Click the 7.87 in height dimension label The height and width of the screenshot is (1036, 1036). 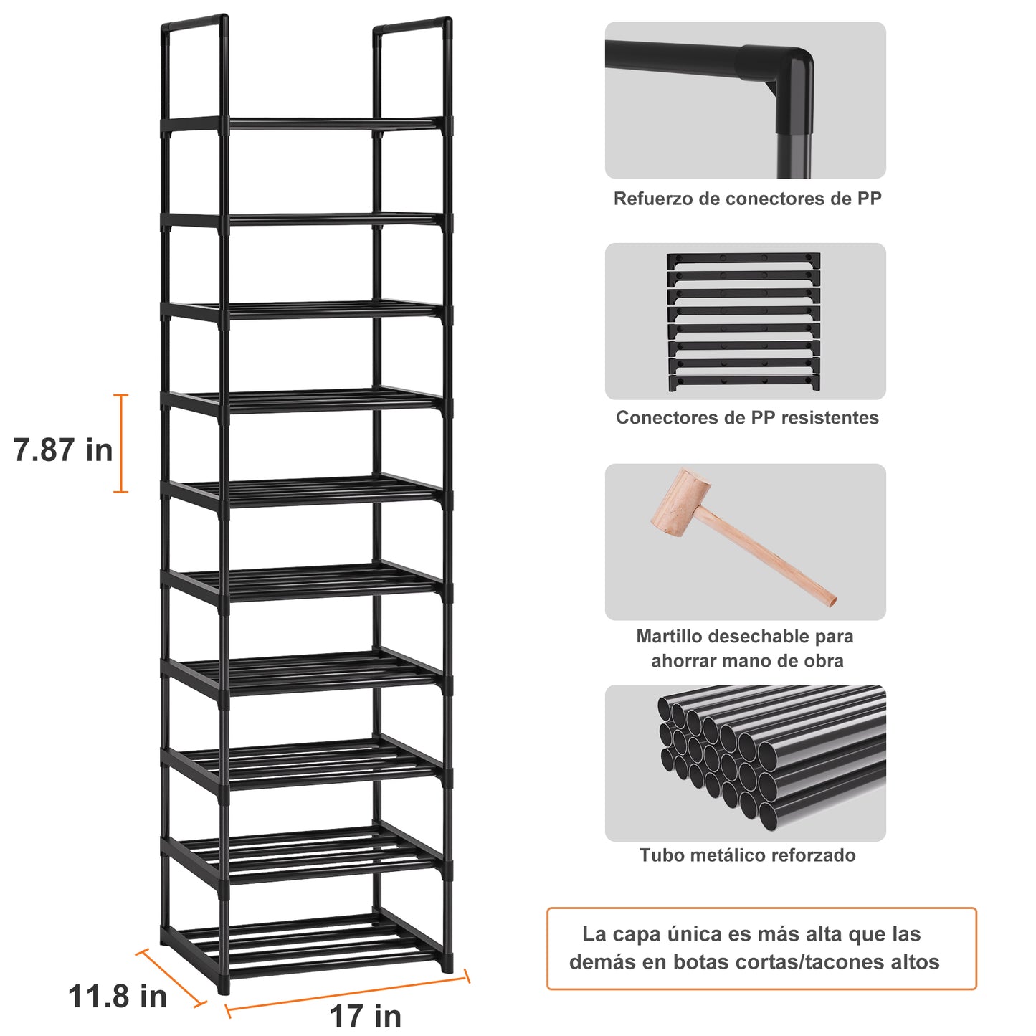[x=63, y=450]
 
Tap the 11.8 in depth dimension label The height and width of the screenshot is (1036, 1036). [x=117, y=996]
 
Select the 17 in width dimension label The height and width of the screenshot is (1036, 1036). [x=365, y=1016]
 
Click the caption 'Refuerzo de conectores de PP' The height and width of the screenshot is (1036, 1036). [x=747, y=199]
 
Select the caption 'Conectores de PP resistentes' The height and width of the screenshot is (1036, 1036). [x=747, y=417]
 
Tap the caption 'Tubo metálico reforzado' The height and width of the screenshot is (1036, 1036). [x=747, y=855]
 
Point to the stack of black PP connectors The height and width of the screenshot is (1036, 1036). [x=743, y=321]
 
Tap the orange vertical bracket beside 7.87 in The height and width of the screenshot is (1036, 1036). [x=121, y=444]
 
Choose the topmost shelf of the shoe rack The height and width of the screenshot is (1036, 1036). [x=306, y=124]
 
